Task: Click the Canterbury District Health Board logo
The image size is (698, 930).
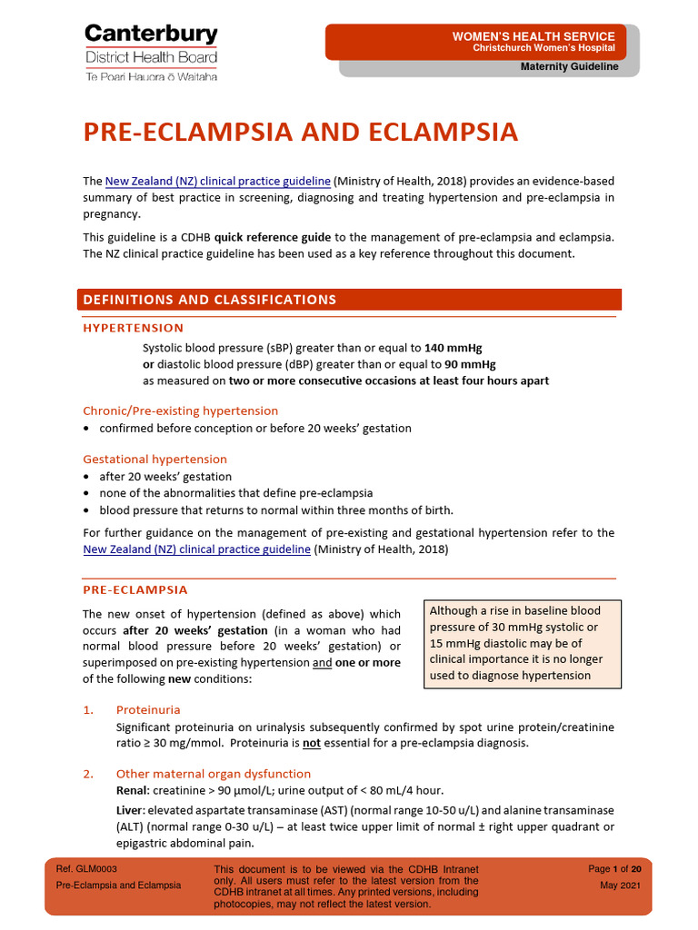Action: coord(151,53)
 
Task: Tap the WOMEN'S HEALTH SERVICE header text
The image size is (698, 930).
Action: coord(533,35)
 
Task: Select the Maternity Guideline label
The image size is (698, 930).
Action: coord(569,67)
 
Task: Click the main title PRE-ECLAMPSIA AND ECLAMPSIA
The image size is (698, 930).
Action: coord(300,133)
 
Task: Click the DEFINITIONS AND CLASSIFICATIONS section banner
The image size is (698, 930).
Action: coord(209,300)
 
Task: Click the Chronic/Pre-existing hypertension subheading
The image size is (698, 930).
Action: coord(180,411)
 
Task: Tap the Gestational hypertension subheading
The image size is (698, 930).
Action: coord(155,459)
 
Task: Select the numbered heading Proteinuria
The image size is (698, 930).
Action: coord(148,709)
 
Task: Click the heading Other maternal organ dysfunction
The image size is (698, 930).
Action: coord(213,774)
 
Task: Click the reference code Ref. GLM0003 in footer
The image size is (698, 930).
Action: coord(86,869)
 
